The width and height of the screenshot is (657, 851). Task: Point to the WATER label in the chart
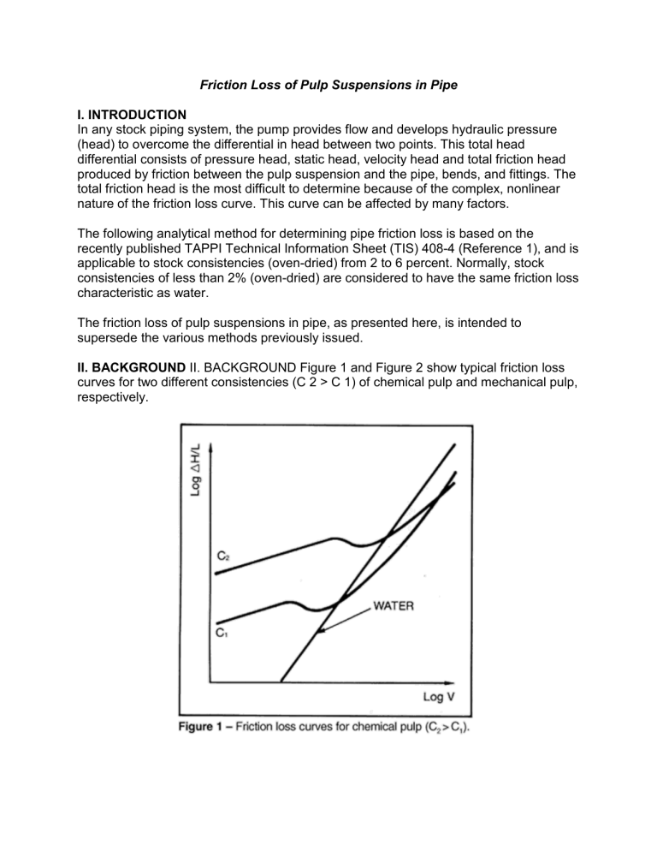(393, 605)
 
